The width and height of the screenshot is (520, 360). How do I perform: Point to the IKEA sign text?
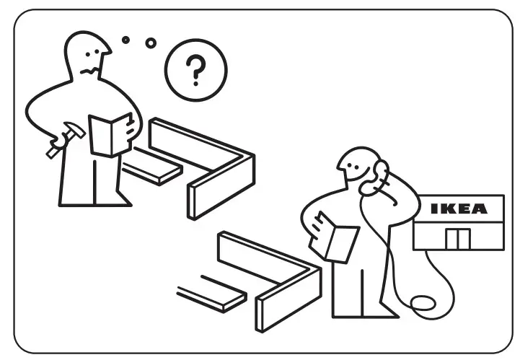(458, 209)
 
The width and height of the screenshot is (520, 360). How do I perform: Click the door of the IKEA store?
(455, 239)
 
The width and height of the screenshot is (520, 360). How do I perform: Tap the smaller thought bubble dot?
(125, 40)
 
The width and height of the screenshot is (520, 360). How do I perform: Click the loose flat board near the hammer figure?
(152, 172)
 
